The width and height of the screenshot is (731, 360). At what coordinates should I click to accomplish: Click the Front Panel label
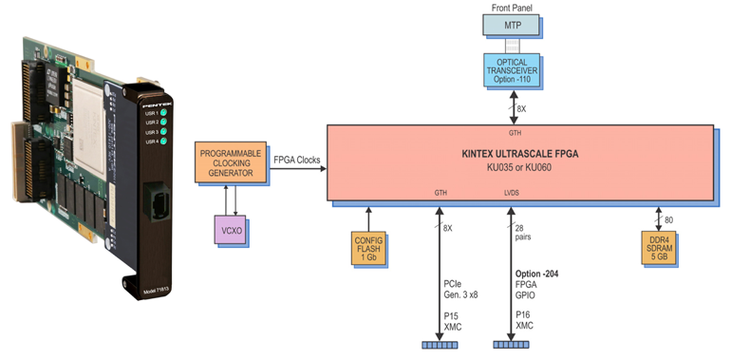[x=512, y=8]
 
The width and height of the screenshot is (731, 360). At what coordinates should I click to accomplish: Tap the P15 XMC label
[x=457, y=321]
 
